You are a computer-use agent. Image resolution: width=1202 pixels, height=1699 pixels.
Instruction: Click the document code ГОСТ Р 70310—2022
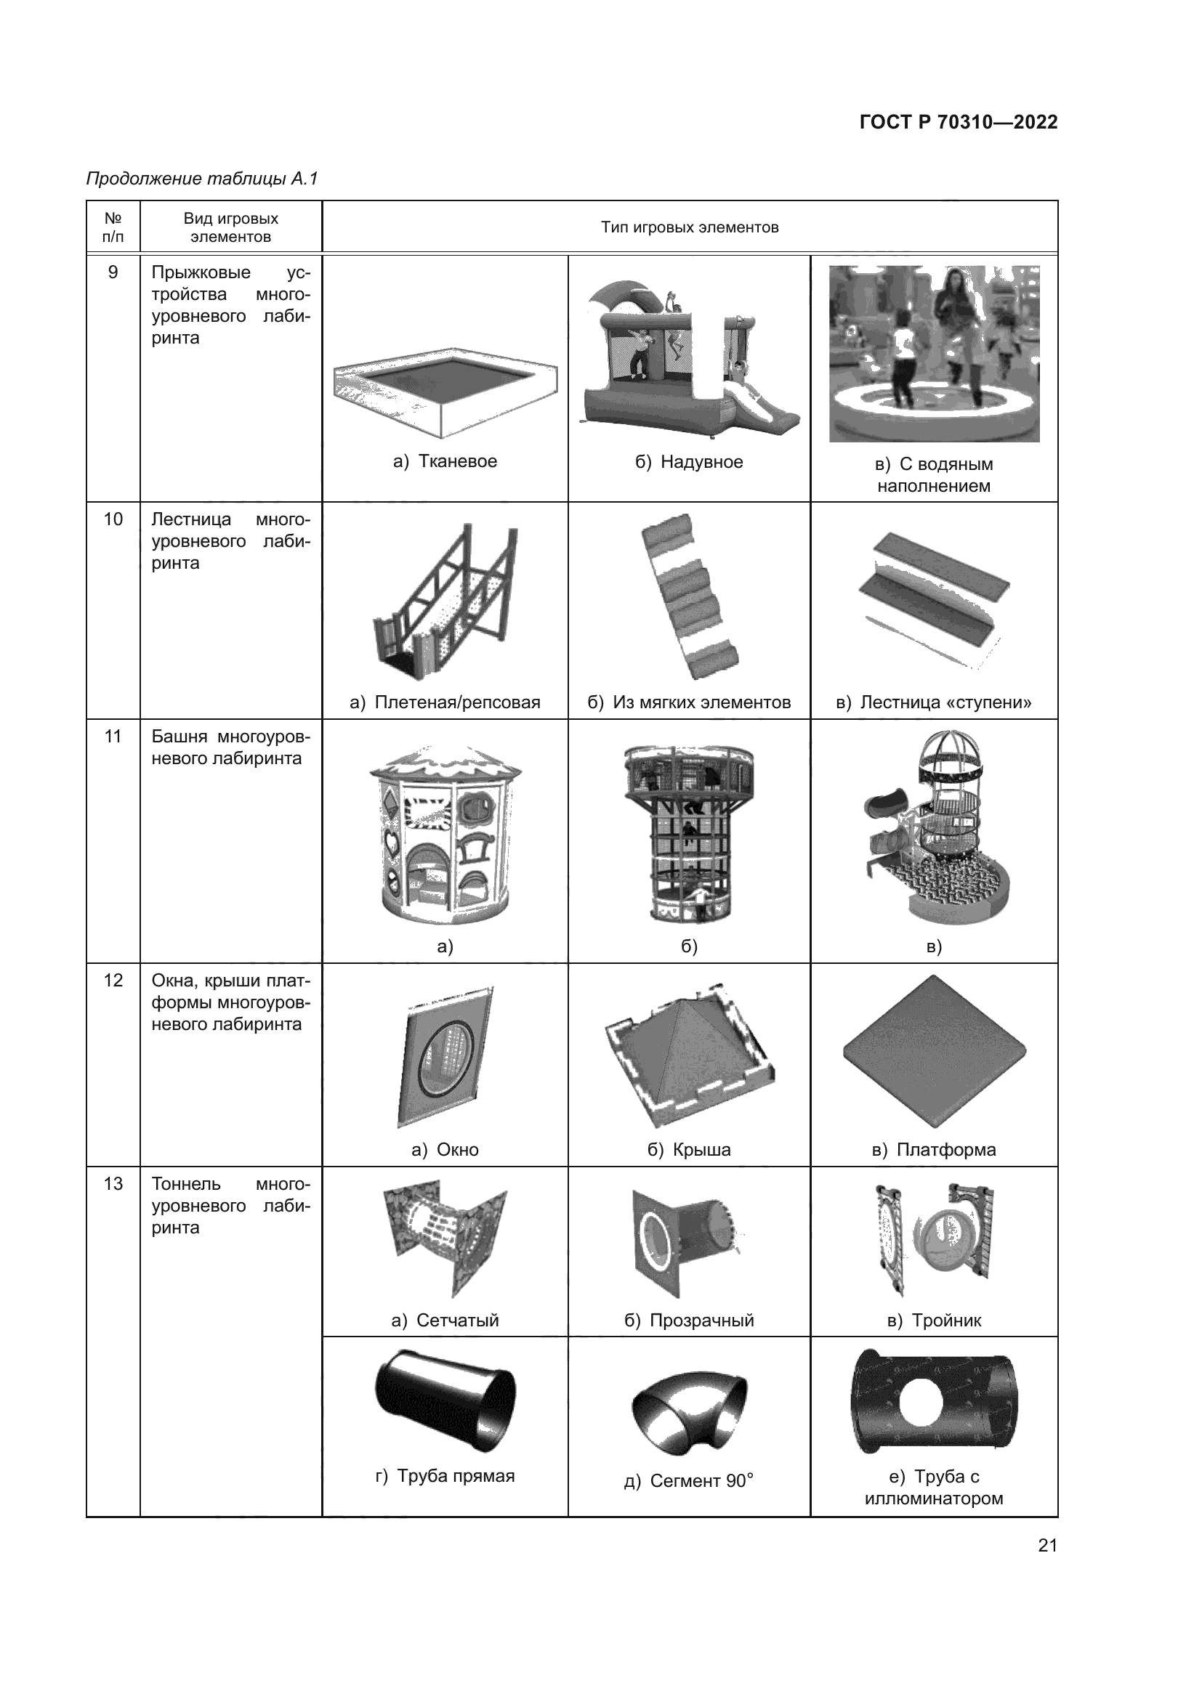[x=959, y=122]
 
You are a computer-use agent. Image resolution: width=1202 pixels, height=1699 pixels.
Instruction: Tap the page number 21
[x=1047, y=1545]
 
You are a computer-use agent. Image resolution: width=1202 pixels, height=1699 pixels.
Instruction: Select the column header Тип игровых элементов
[x=690, y=227]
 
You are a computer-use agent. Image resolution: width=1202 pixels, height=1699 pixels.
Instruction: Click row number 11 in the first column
[x=113, y=737]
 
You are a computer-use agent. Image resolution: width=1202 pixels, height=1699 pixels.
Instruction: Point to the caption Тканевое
[x=457, y=461]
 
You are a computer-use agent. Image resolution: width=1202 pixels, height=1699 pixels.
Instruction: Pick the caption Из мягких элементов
[x=702, y=702]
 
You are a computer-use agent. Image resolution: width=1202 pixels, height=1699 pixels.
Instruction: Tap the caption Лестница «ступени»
[x=945, y=702]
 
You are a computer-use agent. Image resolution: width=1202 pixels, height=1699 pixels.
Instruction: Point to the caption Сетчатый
[x=457, y=1320]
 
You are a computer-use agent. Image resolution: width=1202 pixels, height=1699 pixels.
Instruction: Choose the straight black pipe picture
[x=445, y=1401]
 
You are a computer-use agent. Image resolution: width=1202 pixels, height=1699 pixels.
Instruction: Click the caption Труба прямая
[x=456, y=1475]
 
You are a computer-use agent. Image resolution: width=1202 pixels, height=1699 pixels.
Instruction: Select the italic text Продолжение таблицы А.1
[x=202, y=179]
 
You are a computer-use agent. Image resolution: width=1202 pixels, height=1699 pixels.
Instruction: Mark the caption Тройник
[x=946, y=1320]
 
